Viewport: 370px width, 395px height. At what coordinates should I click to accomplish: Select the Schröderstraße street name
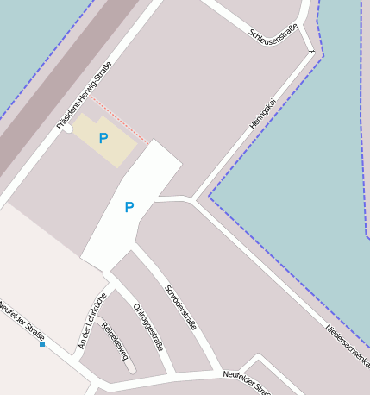coord(180,307)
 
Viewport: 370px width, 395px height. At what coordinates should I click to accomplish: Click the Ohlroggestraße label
coord(147,326)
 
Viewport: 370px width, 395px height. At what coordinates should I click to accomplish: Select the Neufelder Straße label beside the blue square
coord(22,321)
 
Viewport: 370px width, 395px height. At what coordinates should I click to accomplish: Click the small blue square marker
coord(42,344)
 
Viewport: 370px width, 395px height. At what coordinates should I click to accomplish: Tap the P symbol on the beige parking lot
coord(103,138)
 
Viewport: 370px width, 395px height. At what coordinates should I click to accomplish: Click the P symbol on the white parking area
coord(129,207)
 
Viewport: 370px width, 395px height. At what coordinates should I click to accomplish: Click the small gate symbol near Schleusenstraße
coord(310,52)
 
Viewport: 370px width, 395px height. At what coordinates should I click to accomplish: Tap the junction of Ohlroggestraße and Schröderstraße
coord(131,250)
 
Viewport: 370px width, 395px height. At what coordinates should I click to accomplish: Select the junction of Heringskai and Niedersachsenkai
coord(191,200)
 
